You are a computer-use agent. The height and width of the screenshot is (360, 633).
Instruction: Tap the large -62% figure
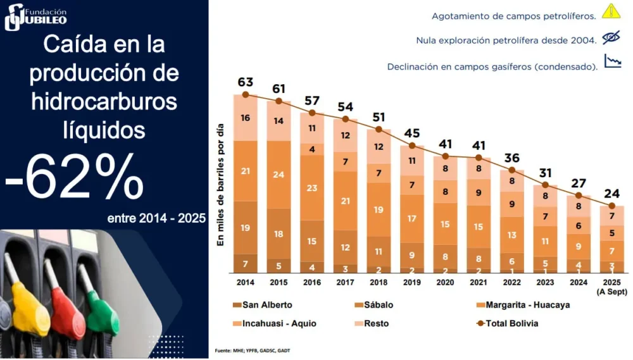tap(75, 177)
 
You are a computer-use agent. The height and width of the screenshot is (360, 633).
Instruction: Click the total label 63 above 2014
tap(245, 82)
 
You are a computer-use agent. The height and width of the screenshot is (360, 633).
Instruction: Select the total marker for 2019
tap(412, 146)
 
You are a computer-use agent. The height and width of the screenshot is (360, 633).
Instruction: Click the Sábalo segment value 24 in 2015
tap(279, 174)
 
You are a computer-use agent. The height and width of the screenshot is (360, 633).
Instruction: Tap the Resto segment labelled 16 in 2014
tap(245, 118)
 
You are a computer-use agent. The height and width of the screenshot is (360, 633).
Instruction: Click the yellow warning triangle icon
tap(610, 11)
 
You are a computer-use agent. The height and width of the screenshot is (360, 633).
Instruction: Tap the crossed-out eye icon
tap(611, 38)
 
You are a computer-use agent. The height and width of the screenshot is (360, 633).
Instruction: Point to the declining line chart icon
tap(612, 62)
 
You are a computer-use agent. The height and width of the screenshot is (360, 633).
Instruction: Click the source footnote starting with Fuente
tap(253, 351)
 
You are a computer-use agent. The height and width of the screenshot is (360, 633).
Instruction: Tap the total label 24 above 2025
tap(611, 194)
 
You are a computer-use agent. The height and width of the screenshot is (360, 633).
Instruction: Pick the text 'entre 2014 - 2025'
tap(156, 218)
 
